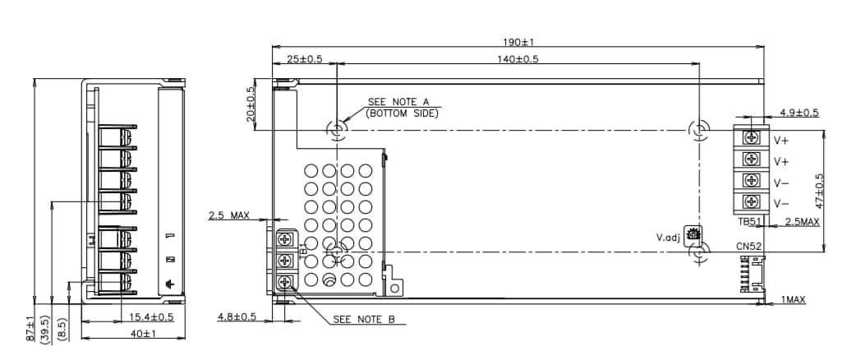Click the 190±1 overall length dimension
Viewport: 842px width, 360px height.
[x=518, y=42]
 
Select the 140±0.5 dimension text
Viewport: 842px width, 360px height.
[x=518, y=59]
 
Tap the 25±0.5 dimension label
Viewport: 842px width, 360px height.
[x=305, y=59]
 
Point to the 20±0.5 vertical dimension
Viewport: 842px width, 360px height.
[x=251, y=104]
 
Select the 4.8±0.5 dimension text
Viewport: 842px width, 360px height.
[x=237, y=316]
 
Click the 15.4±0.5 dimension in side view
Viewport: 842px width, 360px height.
[x=150, y=316]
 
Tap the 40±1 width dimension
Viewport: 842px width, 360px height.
[x=142, y=334]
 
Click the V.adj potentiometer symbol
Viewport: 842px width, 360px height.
[x=692, y=234]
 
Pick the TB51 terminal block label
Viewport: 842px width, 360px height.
[x=748, y=222]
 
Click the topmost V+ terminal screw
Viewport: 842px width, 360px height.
[x=751, y=138]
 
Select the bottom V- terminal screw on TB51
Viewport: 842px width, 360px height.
[x=751, y=202]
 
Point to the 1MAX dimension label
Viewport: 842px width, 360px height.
[x=793, y=301]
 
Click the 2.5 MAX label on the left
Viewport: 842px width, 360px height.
[x=228, y=215]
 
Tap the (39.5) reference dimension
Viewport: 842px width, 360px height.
[x=47, y=331]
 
